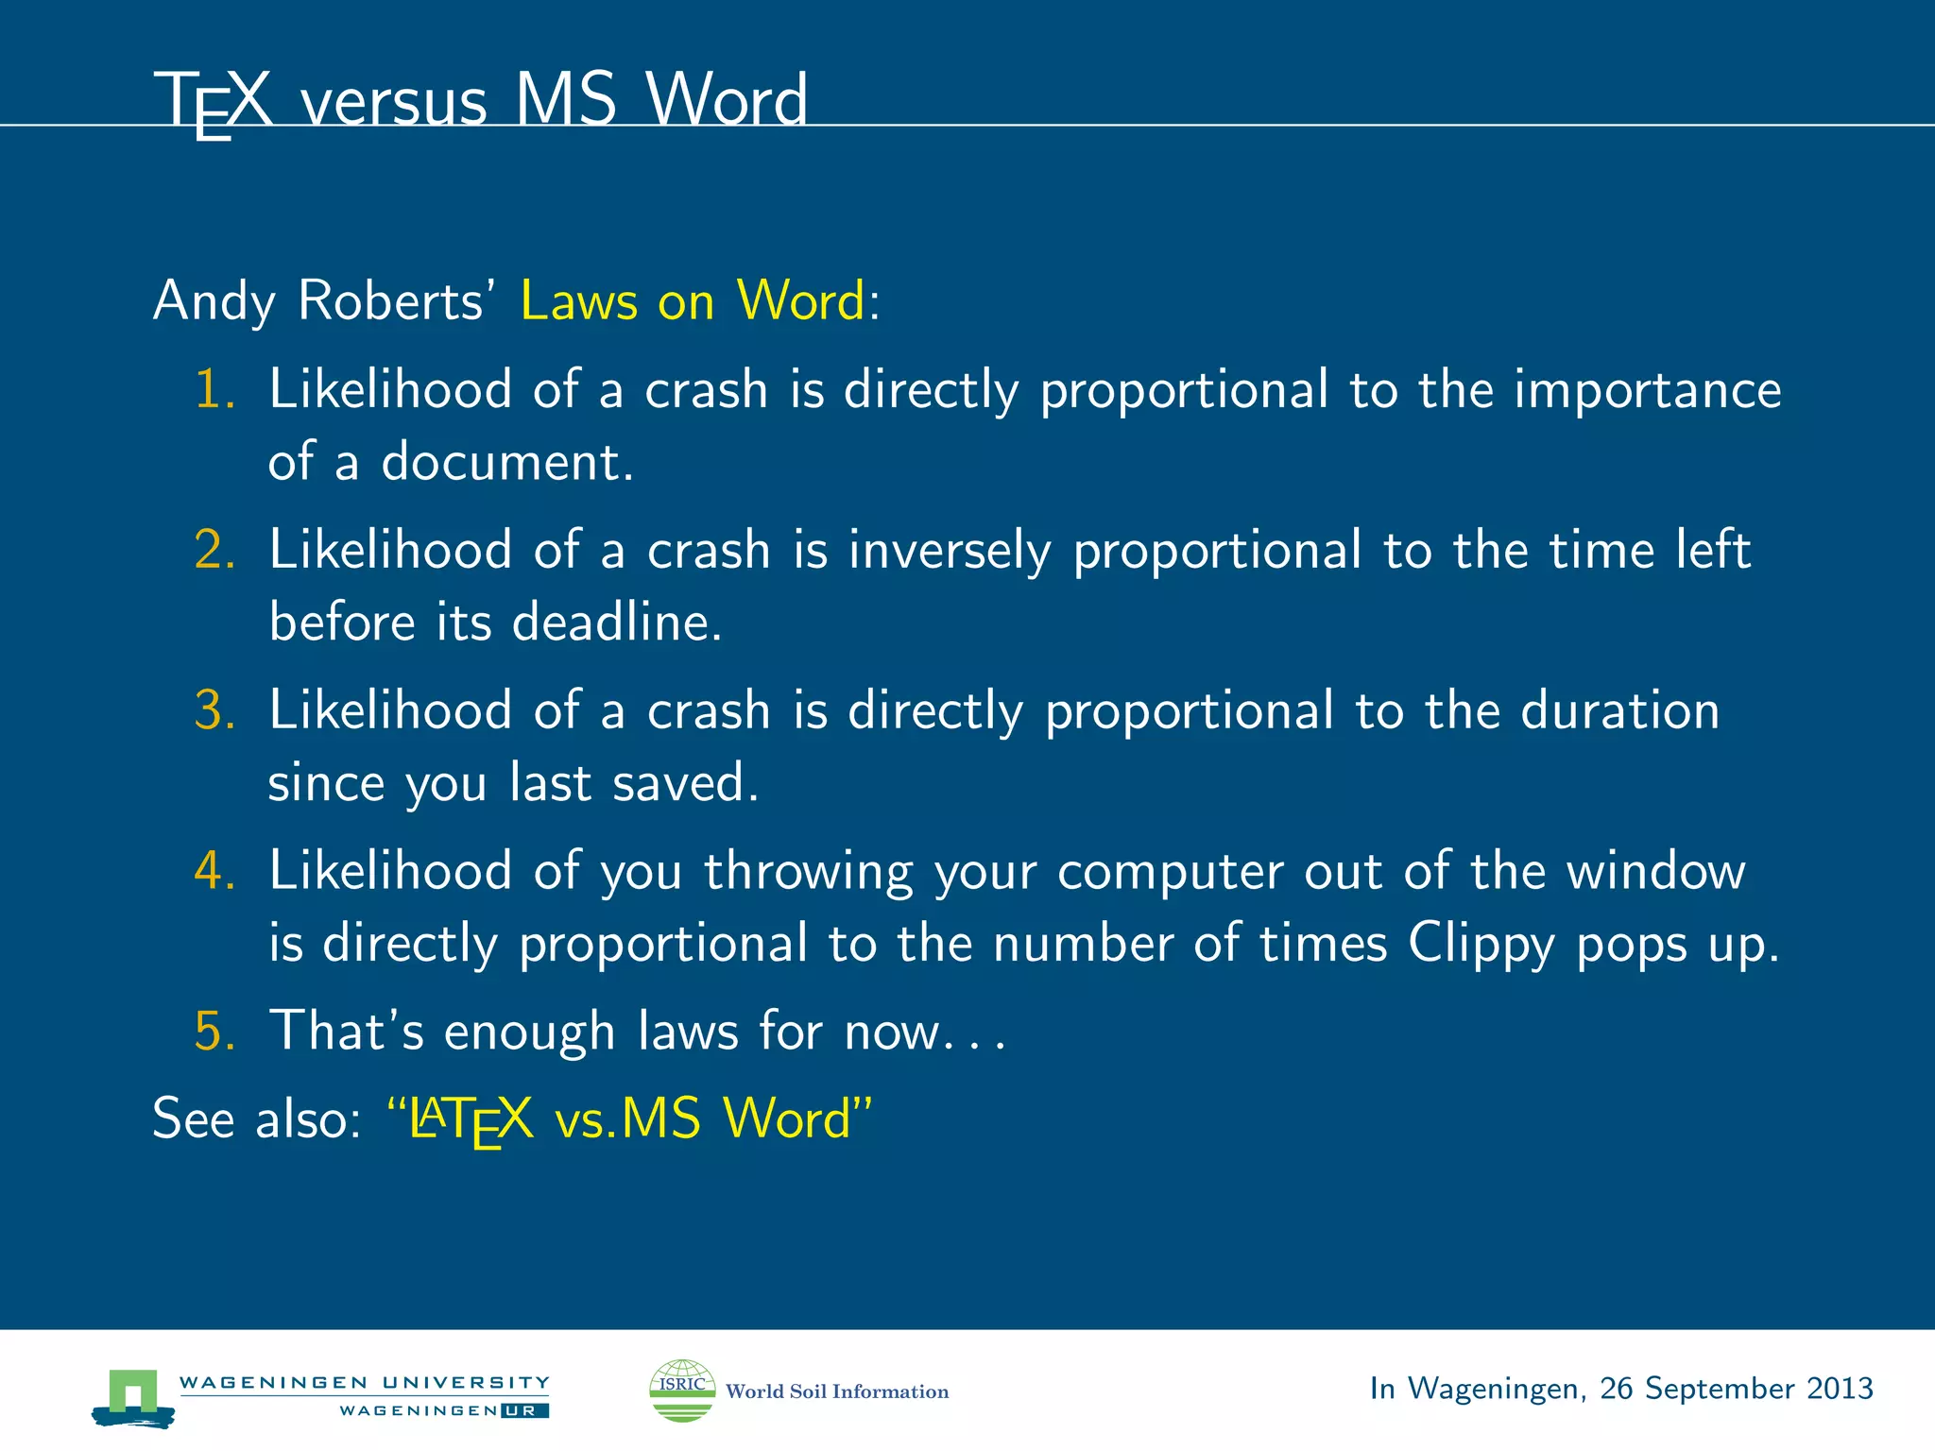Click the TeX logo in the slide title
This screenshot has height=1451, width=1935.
point(214,102)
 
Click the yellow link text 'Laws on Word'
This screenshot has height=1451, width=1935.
point(693,301)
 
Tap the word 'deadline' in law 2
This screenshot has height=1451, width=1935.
point(616,623)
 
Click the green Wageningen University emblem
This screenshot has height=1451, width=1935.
point(133,1396)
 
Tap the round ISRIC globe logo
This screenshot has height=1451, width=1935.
point(682,1391)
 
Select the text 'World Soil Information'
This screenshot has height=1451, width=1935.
point(837,1391)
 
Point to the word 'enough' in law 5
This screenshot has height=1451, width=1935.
point(529,1032)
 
